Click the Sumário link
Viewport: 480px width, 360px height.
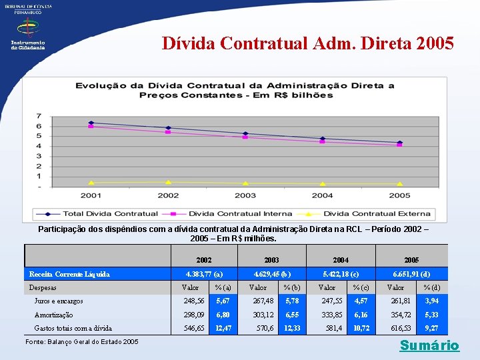pyautogui.click(x=429, y=345)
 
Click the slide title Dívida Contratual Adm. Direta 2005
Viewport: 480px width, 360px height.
pyautogui.click(x=308, y=43)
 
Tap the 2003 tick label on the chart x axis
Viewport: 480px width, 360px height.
pyautogui.click(x=245, y=195)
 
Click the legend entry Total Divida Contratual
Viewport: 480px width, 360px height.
pyautogui.click(x=110, y=214)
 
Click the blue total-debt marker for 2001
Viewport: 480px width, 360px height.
pyautogui.click(x=91, y=123)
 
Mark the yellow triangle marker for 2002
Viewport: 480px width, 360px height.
pyautogui.click(x=168, y=182)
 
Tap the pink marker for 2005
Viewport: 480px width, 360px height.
pyautogui.click(x=399, y=145)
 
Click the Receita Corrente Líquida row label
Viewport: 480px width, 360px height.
pyautogui.click(x=69, y=274)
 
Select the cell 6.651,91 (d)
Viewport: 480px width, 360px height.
pyautogui.click(x=411, y=274)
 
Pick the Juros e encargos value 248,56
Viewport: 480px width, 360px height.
pyautogui.click(x=194, y=301)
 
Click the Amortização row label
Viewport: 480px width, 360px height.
pyautogui.click(x=53, y=315)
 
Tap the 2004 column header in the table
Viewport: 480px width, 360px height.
pyautogui.click(x=340, y=259)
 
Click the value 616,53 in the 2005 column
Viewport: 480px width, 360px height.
pyautogui.click(x=399, y=328)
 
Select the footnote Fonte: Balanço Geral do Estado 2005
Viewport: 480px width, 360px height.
pyautogui.click(x=81, y=341)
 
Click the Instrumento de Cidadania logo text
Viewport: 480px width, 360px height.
pyautogui.click(x=27, y=45)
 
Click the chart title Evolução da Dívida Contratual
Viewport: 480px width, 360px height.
pyautogui.click(x=235, y=90)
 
